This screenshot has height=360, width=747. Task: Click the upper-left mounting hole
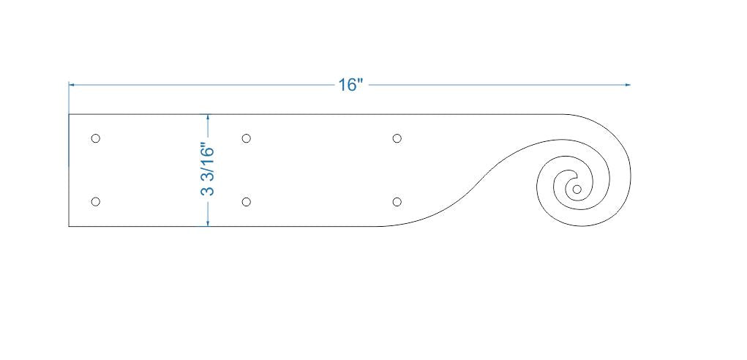[95, 138]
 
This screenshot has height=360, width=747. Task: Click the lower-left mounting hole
[95, 202]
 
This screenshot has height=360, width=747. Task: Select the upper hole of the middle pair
[247, 138]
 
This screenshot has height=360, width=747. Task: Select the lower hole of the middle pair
[247, 202]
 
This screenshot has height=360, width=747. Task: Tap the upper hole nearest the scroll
[397, 138]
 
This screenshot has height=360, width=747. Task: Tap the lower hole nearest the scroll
[397, 202]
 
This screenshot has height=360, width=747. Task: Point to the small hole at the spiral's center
[577, 190]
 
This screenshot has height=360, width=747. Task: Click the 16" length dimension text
[350, 85]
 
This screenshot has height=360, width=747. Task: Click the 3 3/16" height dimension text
[208, 170]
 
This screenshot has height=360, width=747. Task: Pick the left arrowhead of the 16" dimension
[72, 85]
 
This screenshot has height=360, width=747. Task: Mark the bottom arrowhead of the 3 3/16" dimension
[209, 223]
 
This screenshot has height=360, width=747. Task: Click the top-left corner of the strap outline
[69, 114]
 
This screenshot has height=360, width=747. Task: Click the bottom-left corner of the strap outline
[69, 227]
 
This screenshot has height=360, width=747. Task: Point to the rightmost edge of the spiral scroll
[630, 176]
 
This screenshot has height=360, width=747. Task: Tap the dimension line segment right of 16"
[498, 85]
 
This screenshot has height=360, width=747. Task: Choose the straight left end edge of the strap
[69, 170]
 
